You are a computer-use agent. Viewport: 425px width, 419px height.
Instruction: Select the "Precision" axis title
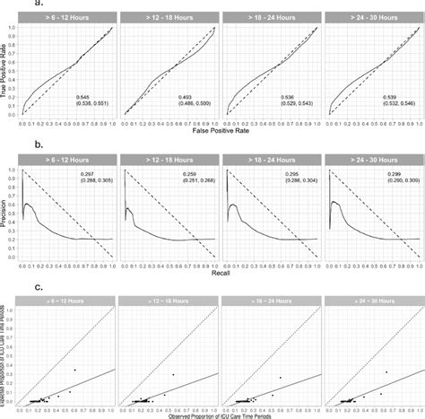pyautogui.click(x=6, y=211)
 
